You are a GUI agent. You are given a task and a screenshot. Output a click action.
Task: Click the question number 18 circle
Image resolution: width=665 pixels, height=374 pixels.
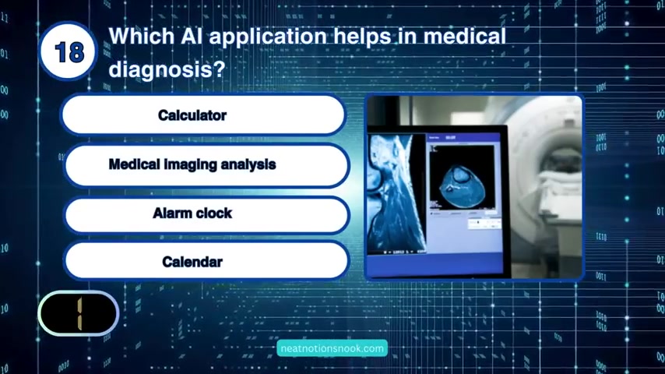click(x=68, y=51)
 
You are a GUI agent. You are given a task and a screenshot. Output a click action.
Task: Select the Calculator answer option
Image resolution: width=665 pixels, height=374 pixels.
click(x=203, y=115)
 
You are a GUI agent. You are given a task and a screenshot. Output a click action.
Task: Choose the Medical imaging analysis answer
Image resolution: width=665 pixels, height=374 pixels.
click(x=206, y=164)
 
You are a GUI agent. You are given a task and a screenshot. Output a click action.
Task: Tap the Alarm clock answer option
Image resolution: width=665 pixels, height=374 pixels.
click(x=206, y=213)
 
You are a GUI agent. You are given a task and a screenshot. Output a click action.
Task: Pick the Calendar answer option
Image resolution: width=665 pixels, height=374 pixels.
click(x=206, y=261)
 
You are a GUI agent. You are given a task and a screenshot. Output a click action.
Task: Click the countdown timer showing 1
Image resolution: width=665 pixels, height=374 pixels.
click(x=79, y=313)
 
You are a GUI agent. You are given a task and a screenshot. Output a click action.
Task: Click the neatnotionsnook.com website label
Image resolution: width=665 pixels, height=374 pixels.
click(x=332, y=348)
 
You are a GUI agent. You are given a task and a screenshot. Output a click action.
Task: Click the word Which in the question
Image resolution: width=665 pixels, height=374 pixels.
click(x=142, y=36)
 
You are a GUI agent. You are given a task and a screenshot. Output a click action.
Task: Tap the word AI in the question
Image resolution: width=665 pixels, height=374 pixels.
click(x=192, y=36)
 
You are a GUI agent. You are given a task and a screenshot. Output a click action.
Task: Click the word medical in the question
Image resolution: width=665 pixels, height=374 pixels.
click(x=465, y=36)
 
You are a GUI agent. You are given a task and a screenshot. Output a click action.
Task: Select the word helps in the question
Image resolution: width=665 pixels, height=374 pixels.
click(x=362, y=37)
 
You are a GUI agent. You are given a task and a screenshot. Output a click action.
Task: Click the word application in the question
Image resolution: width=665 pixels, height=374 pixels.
click(x=268, y=37)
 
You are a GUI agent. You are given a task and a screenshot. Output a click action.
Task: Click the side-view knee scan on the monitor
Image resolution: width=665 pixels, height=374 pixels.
click(x=396, y=192)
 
